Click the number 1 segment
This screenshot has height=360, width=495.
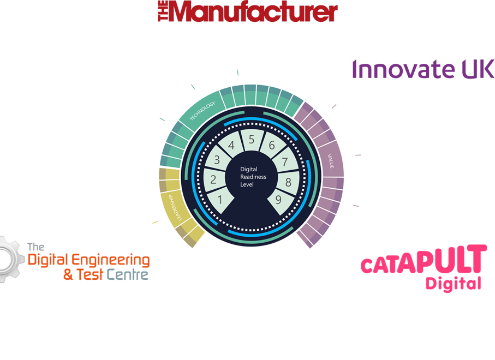[220, 199]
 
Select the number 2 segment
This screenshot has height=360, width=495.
[214, 179]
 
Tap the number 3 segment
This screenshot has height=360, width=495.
[217, 160]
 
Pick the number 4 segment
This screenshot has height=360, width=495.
[231, 145]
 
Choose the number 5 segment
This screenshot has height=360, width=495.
[252, 139]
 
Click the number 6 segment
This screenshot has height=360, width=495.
[271, 145]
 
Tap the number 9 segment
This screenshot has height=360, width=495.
[278, 200]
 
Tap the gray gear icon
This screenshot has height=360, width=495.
[12, 260]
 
